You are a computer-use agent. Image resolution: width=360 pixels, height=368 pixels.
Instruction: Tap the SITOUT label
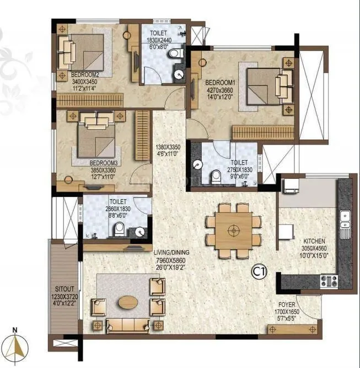click(x=65, y=289)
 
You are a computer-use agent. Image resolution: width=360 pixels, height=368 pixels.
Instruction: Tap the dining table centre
click(x=234, y=228)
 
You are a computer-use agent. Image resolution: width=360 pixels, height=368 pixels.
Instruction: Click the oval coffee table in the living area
click(x=130, y=302)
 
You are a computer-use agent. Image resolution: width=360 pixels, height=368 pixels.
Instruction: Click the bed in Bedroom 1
click(x=267, y=87)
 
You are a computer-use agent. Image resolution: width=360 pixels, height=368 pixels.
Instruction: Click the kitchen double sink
click(x=345, y=221)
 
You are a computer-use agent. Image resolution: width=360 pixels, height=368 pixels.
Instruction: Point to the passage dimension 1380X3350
click(x=167, y=147)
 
